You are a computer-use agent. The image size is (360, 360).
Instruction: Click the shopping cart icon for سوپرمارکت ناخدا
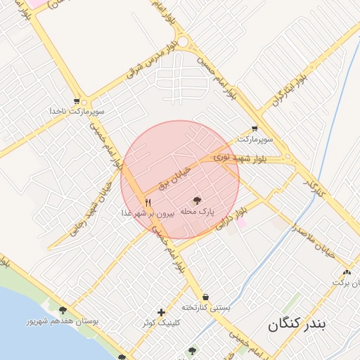[76, 101]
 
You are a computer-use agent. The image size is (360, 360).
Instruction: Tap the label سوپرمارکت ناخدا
[77, 112]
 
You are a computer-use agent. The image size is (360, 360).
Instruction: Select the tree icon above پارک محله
[196, 200]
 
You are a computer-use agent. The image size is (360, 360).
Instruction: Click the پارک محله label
[197, 211]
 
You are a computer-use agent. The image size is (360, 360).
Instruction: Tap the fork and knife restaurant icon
[148, 202]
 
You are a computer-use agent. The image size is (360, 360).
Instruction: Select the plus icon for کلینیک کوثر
[162, 312]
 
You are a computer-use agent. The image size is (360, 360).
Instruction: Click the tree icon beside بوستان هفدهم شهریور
[63, 310]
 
